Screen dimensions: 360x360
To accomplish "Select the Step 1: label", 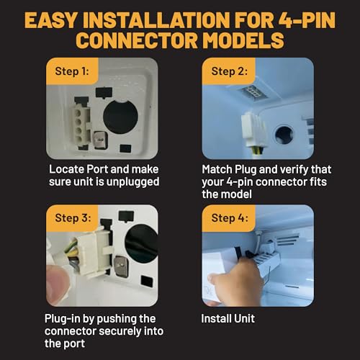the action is point(72,71).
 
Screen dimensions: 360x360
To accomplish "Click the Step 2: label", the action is point(230,71).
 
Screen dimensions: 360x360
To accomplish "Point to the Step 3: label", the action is point(73,218).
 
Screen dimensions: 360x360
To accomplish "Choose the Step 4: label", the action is point(230,218).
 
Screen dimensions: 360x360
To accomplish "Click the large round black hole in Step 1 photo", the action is point(120,117).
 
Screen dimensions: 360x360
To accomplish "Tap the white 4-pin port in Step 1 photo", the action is point(81,125).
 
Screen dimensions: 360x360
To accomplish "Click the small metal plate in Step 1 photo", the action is point(100,140).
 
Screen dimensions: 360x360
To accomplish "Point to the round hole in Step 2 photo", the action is point(284,135).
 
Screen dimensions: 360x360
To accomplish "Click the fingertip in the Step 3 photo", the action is point(58,284).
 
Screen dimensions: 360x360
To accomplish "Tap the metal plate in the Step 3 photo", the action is point(121,266).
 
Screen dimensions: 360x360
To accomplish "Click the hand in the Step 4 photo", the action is point(236,280).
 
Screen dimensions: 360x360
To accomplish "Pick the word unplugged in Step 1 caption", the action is point(132,182).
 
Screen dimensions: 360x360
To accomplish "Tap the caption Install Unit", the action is point(228,319).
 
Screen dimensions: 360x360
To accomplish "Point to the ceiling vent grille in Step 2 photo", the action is point(253,92).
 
